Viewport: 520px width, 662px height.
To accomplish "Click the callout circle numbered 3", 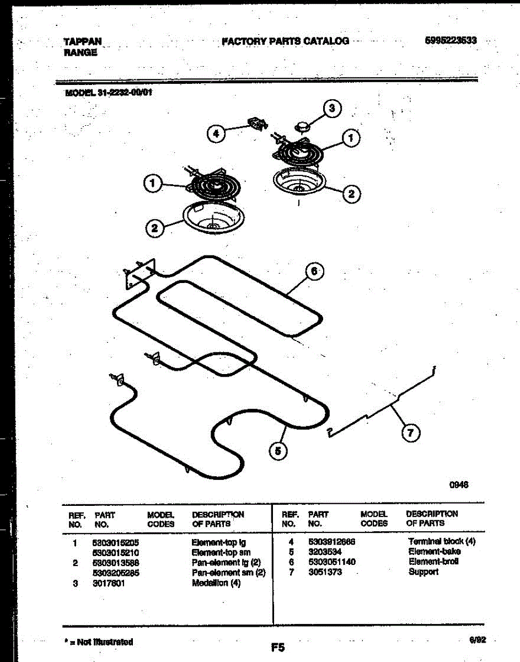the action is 332,109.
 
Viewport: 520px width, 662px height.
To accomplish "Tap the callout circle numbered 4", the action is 217,133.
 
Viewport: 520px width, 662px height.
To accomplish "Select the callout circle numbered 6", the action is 314,271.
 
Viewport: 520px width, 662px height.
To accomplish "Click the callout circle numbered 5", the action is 278,451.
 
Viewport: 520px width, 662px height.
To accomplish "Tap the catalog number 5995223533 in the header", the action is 451,41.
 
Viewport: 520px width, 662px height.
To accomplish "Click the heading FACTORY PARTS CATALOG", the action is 285,41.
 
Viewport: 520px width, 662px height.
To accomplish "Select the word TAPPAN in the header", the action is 83,41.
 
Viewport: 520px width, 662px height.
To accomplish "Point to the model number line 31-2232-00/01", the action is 108,92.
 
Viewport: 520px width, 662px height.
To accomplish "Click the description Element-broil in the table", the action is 433,562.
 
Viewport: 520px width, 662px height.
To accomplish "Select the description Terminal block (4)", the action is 441,542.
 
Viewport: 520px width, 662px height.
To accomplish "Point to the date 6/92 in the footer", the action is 478,640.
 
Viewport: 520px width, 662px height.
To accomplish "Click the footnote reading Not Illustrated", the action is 99,642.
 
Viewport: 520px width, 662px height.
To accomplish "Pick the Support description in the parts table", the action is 423,572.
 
